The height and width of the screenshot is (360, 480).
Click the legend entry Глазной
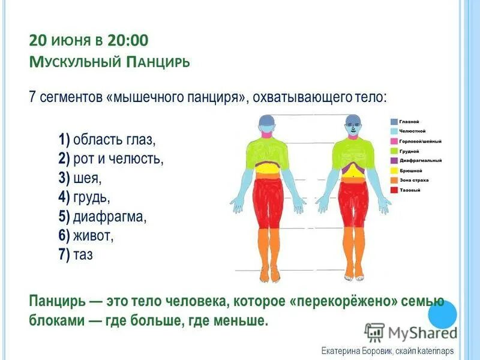pos(410,121)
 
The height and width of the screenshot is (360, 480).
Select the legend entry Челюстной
pos(412,131)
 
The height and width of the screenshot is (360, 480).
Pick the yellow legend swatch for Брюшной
pos(394,170)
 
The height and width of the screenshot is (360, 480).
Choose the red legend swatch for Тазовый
pos(394,190)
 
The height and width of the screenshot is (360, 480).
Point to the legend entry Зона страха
pos(412,180)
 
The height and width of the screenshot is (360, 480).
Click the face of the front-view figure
pos(353,127)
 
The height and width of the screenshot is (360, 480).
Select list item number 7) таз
pos(76,254)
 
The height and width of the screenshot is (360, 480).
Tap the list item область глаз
pos(114,140)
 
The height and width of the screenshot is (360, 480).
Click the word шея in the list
pos(88,178)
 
